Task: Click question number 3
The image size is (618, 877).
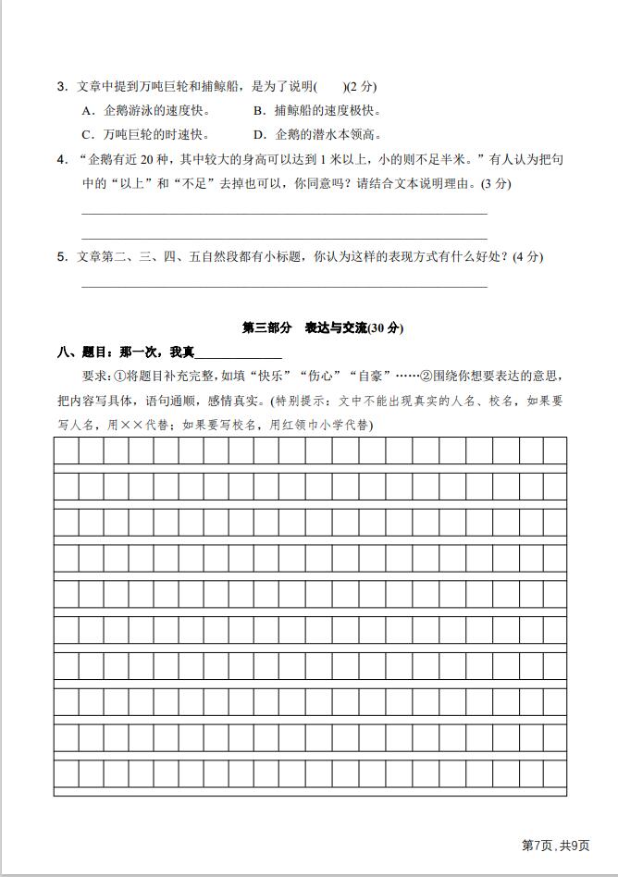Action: (61, 87)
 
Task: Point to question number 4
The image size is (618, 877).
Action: (61, 159)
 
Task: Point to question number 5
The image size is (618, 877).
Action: (61, 256)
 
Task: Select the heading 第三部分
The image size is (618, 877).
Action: (266, 327)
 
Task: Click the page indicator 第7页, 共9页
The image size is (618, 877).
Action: (556, 845)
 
